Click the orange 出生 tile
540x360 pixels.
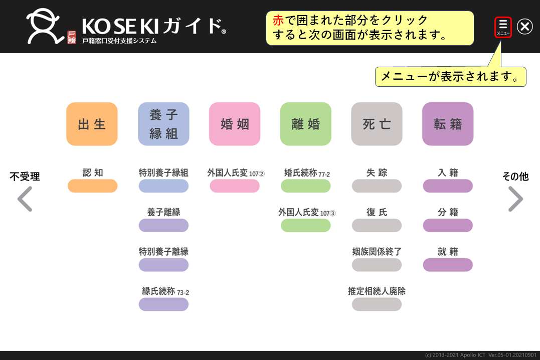(x=92, y=124)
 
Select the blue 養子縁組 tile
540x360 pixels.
(x=163, y=124)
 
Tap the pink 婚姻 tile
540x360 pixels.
(x=235, y=124)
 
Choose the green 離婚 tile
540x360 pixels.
(x=306, y=124)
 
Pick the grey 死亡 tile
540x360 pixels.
(x=377, y=124)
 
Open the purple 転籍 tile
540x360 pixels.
(x=448, y=124)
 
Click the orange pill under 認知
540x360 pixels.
(x=93, y=186)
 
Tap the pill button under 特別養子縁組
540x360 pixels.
(x=163, y=186)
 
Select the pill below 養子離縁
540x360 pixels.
(x=163, y=226)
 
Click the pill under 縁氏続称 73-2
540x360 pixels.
(x=163, y=304)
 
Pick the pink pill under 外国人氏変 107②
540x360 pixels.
(x=235, y=186)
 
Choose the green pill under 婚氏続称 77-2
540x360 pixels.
(x=306, y=186)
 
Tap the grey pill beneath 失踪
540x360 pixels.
(x=377, y=186)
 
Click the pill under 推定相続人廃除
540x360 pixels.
(x=377, y=304)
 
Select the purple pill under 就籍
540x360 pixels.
(x=448, y=265)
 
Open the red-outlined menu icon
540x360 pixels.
(x=503, y=27)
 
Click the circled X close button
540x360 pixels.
(x=525, y=27)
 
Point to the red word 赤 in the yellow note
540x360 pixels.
(x=278, y=21)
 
